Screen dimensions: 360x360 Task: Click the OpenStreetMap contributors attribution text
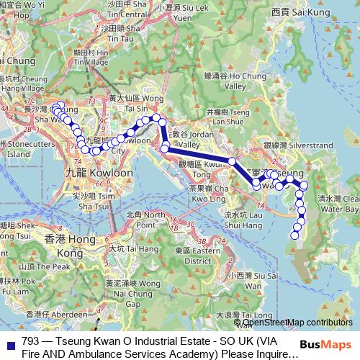point(298,323)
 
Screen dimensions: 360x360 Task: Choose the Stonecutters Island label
point(23,148)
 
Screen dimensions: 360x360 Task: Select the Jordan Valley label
point(191,139)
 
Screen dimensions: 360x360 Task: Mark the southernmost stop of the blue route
point(294,235)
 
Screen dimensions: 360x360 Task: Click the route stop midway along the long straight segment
point(232,161)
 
